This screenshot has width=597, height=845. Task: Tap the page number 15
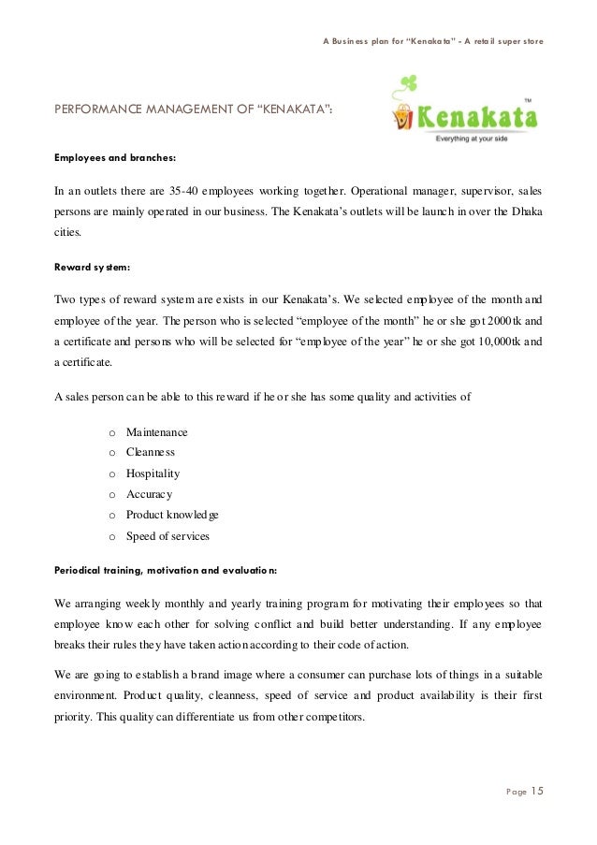[537, 793]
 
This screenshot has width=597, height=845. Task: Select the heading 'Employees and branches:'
[114, 157]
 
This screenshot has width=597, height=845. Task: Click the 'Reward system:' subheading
[92, 268]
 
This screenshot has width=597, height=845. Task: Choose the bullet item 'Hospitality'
[153, 473]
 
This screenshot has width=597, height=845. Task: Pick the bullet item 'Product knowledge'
[173, 516]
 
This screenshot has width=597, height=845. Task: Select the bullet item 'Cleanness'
[151, 453]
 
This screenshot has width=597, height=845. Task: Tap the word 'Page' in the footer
[516, 794]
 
